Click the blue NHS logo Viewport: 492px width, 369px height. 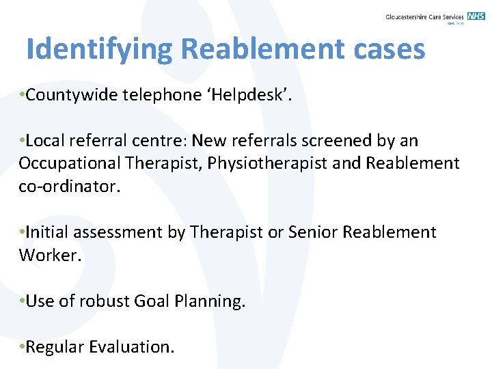476,16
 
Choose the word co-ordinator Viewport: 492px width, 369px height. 69,187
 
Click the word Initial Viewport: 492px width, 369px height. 47,232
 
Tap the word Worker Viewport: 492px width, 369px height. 46,256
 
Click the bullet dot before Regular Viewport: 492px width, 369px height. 23,346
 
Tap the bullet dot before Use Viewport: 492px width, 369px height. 23,301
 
